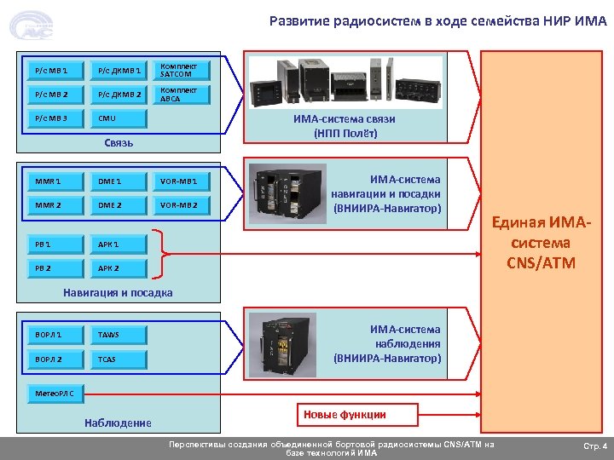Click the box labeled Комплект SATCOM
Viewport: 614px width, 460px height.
[182, 70]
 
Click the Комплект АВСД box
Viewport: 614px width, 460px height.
[182, 95]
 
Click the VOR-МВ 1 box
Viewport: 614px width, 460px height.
[182, 181]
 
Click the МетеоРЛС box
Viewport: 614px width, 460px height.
[55, 394]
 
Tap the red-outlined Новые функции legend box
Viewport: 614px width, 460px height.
[356, 415]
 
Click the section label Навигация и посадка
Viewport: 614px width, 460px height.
[118, 293]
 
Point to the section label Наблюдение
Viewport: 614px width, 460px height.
[118, 423]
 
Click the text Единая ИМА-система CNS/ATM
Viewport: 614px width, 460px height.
[541, 243]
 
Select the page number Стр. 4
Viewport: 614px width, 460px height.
[594, 446]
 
